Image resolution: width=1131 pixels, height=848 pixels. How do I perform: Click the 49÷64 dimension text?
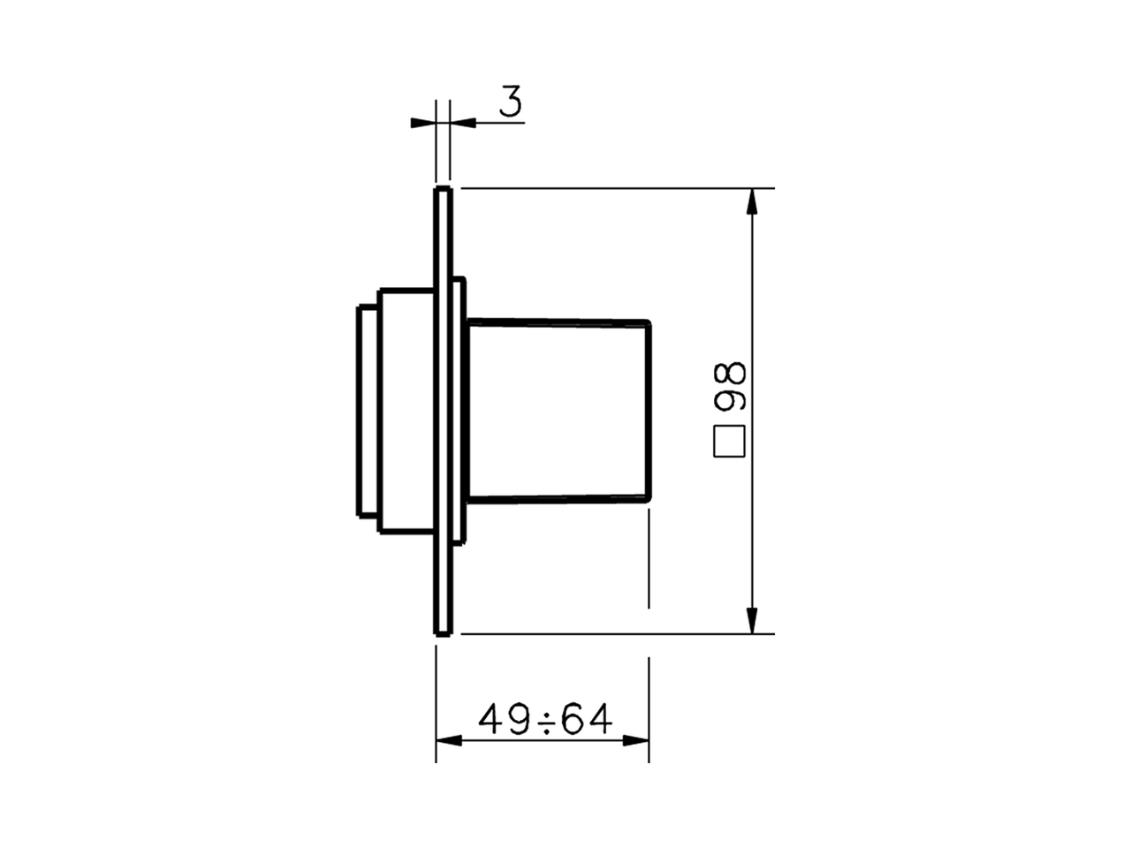(x=545, y=720)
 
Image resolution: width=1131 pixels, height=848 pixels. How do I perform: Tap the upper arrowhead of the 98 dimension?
(x=751, y=202)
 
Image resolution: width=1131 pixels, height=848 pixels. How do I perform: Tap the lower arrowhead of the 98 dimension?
(x=751, y=620)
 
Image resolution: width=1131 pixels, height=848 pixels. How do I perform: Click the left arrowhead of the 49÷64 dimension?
(x=449, y=740)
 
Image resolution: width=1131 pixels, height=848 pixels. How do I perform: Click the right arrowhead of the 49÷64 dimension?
(x=636, y=740)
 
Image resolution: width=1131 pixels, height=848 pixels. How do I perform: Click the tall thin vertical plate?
(x=444, y=411)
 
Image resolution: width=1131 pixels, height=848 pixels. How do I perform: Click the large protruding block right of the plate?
(x=558, y=411)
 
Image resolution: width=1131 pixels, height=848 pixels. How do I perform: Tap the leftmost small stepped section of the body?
(x=368, y=411)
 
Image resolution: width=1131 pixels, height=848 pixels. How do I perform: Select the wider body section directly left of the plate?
(x=406, y=411)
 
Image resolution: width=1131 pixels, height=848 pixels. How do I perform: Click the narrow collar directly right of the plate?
(x=459, y=411)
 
